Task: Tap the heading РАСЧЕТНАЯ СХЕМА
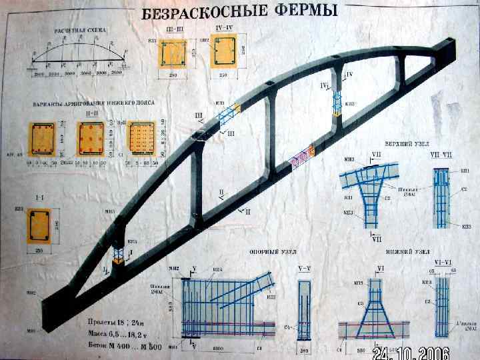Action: tap(81, 31)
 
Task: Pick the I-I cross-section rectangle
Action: tap(41, 229)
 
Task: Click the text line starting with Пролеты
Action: tap(117, 317)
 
